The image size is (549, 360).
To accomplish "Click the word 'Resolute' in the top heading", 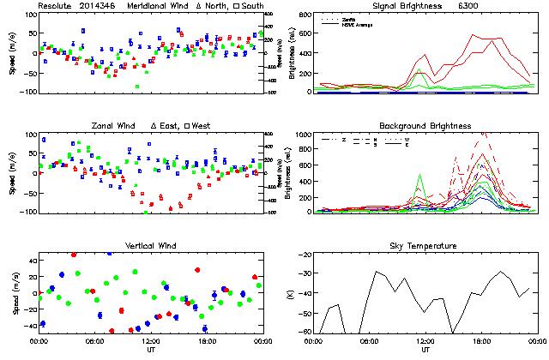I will coord(57,5).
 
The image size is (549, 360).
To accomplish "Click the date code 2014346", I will coord(102,5).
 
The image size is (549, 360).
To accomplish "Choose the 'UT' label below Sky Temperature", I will coord(425,349).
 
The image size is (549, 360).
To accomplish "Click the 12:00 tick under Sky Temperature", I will coord(425,340).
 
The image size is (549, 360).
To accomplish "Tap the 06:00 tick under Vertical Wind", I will coord(94,340).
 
